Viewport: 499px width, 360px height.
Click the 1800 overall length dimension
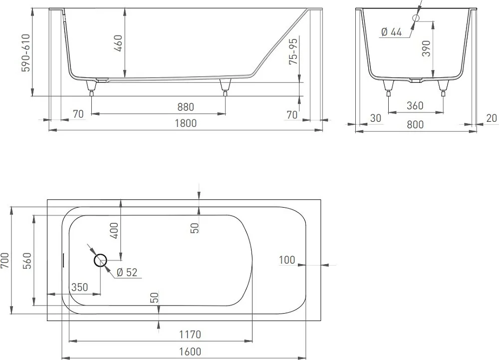pyautogui.click(x=186, y=123)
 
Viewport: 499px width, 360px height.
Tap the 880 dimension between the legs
pyautogui.click(x=186, y=107)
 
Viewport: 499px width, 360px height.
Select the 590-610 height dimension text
pyautogui.click(x=25, y=53)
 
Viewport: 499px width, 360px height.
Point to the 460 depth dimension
pyautogui.click(x=118, y=43)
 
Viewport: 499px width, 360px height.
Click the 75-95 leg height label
pyautogui.click(x=293, y=51)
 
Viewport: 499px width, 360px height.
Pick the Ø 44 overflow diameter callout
pyautogui.click(x=391, y=32)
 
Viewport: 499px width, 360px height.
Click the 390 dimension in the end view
pyautogui.click(x=426, y=48)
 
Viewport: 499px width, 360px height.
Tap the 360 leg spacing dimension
pyautogui.click(x=415, y=106)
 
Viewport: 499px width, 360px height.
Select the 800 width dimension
pyautogui.click(x=415, y=124)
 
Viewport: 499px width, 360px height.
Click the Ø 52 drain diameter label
pyautogui.click(x=127, y=273)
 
